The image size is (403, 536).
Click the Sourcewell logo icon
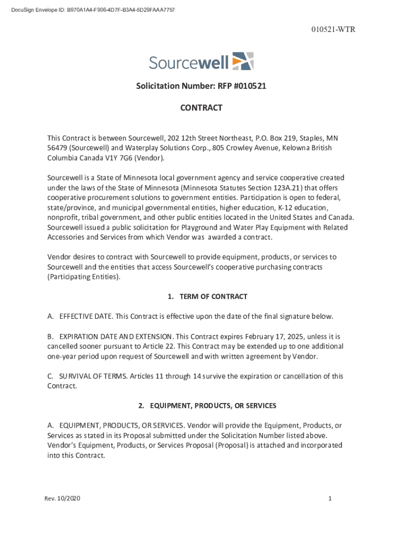click(x=243, y=61)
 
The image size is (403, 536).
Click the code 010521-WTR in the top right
click(x=332, y=29)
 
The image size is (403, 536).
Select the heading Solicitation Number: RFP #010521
click(x=201, y=86)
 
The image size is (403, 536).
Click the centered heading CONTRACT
click(x=201, y=108)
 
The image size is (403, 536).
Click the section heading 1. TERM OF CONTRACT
click(x=207, y=297)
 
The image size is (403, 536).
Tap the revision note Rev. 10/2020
click(x=62, y=498)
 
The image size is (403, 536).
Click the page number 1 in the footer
click(x=330, y=498)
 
